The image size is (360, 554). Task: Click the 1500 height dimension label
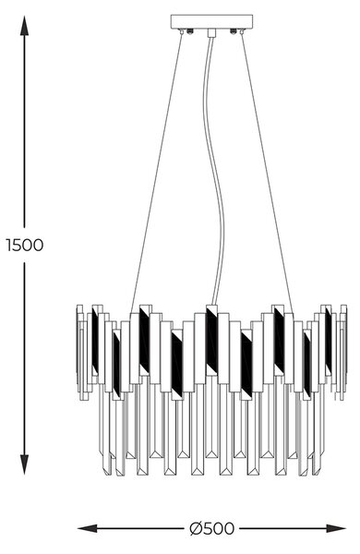[25, 246]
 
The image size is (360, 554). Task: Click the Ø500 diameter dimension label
[211, 529]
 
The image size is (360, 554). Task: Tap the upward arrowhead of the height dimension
[24, 26]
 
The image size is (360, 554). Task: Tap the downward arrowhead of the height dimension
[24, 464]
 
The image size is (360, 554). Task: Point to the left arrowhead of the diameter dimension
[88, 529]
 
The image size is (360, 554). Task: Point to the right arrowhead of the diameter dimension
[336, 529]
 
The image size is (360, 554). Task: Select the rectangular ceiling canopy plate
[211, 21]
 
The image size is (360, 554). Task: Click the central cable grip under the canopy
[211, 33]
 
